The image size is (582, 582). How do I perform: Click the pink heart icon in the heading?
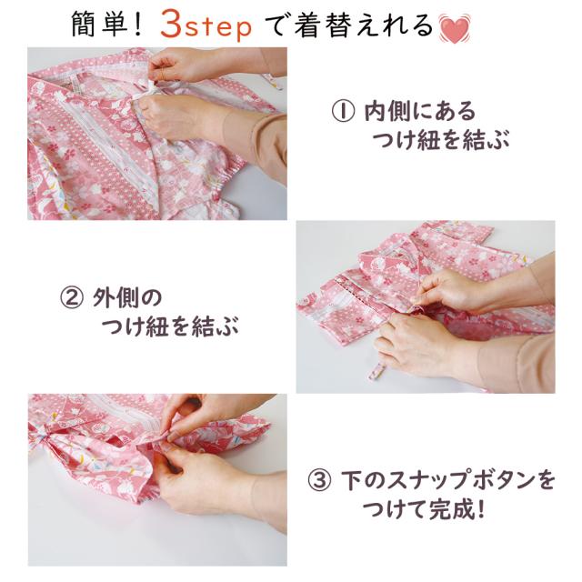(455, 28)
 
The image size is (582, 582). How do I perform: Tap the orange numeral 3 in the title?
(171, 26)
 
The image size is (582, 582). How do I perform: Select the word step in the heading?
(218, 28)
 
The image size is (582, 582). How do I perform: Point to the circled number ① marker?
(343, 111)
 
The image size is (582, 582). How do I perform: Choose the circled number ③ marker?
(319, 479)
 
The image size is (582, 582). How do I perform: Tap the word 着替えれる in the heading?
(364, 26)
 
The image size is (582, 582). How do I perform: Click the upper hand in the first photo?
(179, 65)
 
